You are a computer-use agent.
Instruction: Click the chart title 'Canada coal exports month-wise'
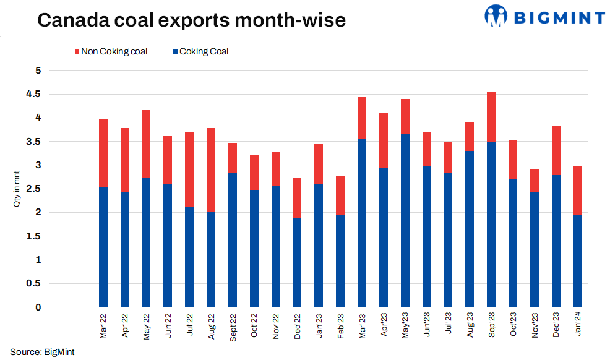pyautogui.click(x=191, y=20)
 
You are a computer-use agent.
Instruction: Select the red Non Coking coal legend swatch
pyautogui.click(x=77, y=52)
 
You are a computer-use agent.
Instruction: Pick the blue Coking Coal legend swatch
pyautogui.click(x=175, y=52)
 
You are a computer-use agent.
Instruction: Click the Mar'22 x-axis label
pyautogui.click(x=103, y=327)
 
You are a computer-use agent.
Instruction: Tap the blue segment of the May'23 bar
pyautogui.click(x=405, y=220)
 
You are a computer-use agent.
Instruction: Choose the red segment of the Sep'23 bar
pyautogui.click(x=491, y=117)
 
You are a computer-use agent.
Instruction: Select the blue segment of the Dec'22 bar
pyautogui.click(x=296, y=263)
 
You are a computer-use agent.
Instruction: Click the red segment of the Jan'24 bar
pyautogui.click(x=577, y=190)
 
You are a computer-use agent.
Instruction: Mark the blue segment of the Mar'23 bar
pyautogui.click(x=362, y=223)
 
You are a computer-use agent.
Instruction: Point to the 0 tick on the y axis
pyautogui.click(x=38, y=307)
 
